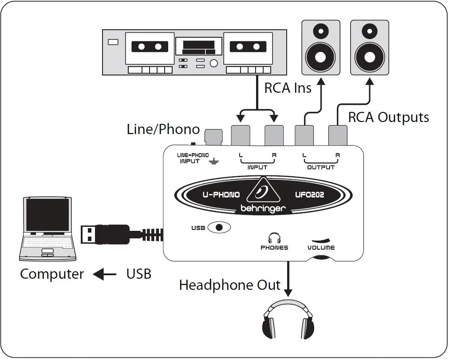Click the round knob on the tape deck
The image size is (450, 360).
pyautogui.click(x=214, y=63)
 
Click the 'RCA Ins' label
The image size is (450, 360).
pyautogui.click(x=288, y=88)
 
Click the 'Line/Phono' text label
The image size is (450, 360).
pyautogui.click(x=163, y=129)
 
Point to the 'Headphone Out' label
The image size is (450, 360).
pyautogui.click(x=229, y=285)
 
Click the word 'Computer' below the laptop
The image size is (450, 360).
pyautogui.click(x=52, y=274)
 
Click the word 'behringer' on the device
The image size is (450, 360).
pyautogui.click(x=263, y=208)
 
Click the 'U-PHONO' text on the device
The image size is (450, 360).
pyautogui.click(x=221, y=194)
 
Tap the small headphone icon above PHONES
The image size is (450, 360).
pyautogui.click(x=274, y=237)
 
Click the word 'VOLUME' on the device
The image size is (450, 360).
pyautogui.click(x=321, y=247)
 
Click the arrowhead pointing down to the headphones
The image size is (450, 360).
pyautogui.click(x=288, y=293)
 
